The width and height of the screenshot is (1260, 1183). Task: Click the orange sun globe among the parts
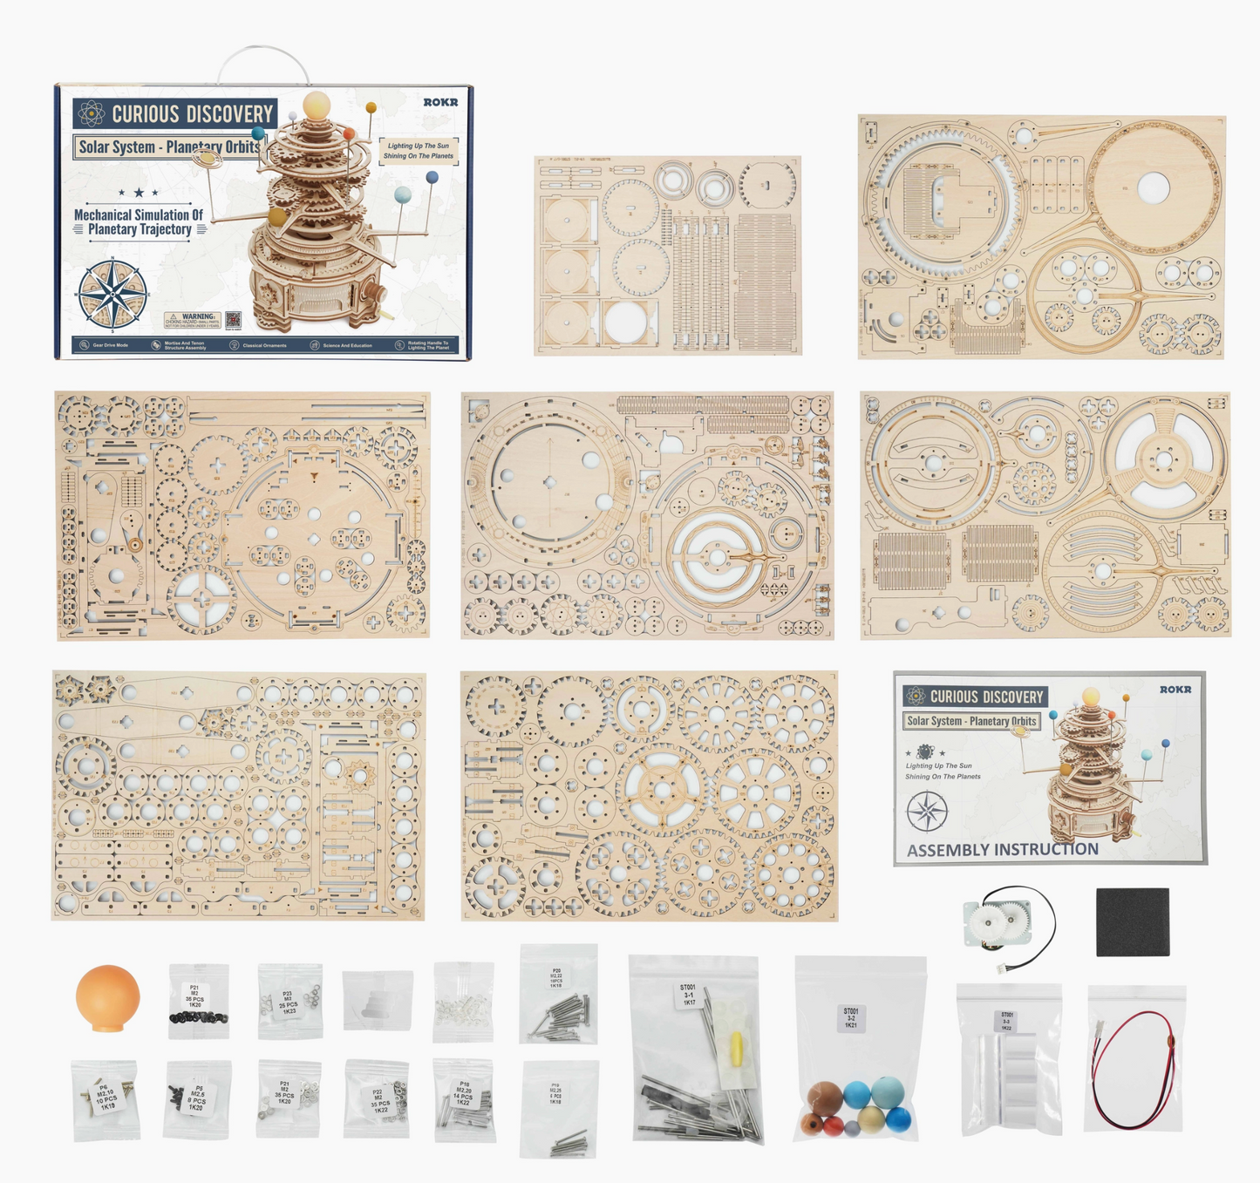point(107,996)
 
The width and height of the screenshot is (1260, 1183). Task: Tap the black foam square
point(1132,921)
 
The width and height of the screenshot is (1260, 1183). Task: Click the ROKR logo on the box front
point(440,102)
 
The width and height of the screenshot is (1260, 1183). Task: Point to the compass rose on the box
point(112,295)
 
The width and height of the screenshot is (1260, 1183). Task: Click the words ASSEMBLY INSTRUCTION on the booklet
point(1002,849)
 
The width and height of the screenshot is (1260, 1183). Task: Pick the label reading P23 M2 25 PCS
point(289,1002)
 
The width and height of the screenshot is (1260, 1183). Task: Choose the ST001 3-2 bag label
point(850,1018)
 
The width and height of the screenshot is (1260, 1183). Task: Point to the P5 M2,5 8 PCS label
point(198,1096)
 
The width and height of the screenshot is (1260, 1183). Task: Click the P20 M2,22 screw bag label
point(556,976)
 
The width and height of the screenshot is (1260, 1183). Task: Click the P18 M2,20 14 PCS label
point(464,1093)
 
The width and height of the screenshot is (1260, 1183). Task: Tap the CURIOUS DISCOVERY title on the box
point(192,114)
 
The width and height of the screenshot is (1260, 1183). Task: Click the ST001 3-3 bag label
point(1006,1021)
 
